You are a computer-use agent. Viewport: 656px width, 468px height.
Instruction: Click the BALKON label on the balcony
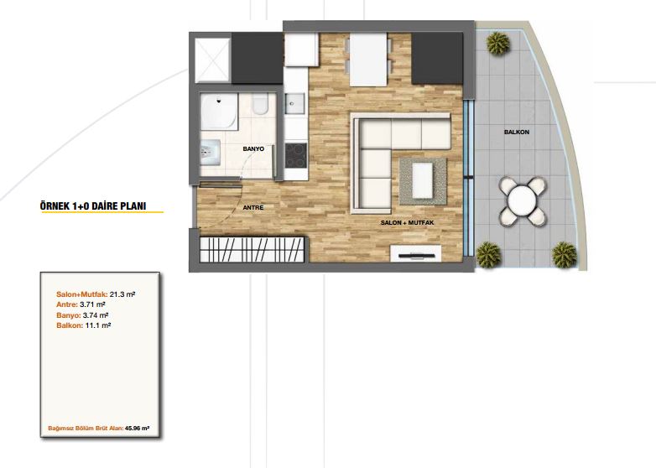coord(517,133)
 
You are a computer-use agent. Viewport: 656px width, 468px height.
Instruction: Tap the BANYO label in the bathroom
coord(253,149)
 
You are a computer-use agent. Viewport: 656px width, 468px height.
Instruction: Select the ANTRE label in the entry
coord(253,207)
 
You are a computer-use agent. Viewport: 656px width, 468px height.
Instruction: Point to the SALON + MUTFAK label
coord(407,223)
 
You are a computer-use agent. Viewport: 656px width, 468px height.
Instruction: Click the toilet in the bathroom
coord(260,104)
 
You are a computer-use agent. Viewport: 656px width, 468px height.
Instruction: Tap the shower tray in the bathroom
coord(219,112)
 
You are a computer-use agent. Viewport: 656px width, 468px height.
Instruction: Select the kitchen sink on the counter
coord(294,103)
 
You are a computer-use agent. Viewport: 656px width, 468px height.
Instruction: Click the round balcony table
coord(522,201)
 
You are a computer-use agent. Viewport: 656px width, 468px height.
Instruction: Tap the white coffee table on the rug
coord(423,180)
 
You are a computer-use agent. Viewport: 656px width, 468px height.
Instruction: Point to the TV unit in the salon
coord(415,254)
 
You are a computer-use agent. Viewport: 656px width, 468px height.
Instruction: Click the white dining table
coord(368,60)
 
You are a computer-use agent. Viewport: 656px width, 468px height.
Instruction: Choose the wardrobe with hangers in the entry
coord(252,250)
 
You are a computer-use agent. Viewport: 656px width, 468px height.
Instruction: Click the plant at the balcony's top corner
coord(497,43)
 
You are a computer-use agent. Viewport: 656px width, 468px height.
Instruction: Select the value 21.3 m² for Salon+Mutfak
coord(122,294)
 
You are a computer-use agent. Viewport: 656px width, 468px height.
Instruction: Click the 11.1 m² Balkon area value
coord(98,325)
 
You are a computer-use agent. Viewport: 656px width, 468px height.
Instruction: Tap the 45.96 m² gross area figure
coord(138,429)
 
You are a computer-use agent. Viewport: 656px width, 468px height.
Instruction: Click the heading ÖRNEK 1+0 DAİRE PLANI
coord(93,206)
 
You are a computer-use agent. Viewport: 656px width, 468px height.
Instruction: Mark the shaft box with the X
coord(212,60)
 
